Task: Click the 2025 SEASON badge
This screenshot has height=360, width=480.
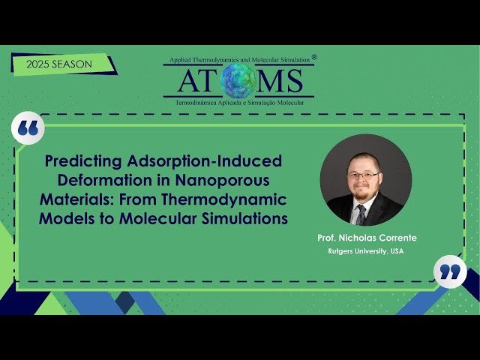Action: pos(59,64)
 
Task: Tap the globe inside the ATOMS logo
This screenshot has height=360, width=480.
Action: pos(239,80)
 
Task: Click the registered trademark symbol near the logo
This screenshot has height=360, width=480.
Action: pos(313,56)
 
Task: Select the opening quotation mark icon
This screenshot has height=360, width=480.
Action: pos(28,129)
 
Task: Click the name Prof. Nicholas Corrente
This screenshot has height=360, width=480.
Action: pos(366,238)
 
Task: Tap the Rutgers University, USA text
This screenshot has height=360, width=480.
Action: pos(366,251)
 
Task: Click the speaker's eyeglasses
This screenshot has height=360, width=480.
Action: pos(364,175)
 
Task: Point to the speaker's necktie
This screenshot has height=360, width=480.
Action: pos(361,214)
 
